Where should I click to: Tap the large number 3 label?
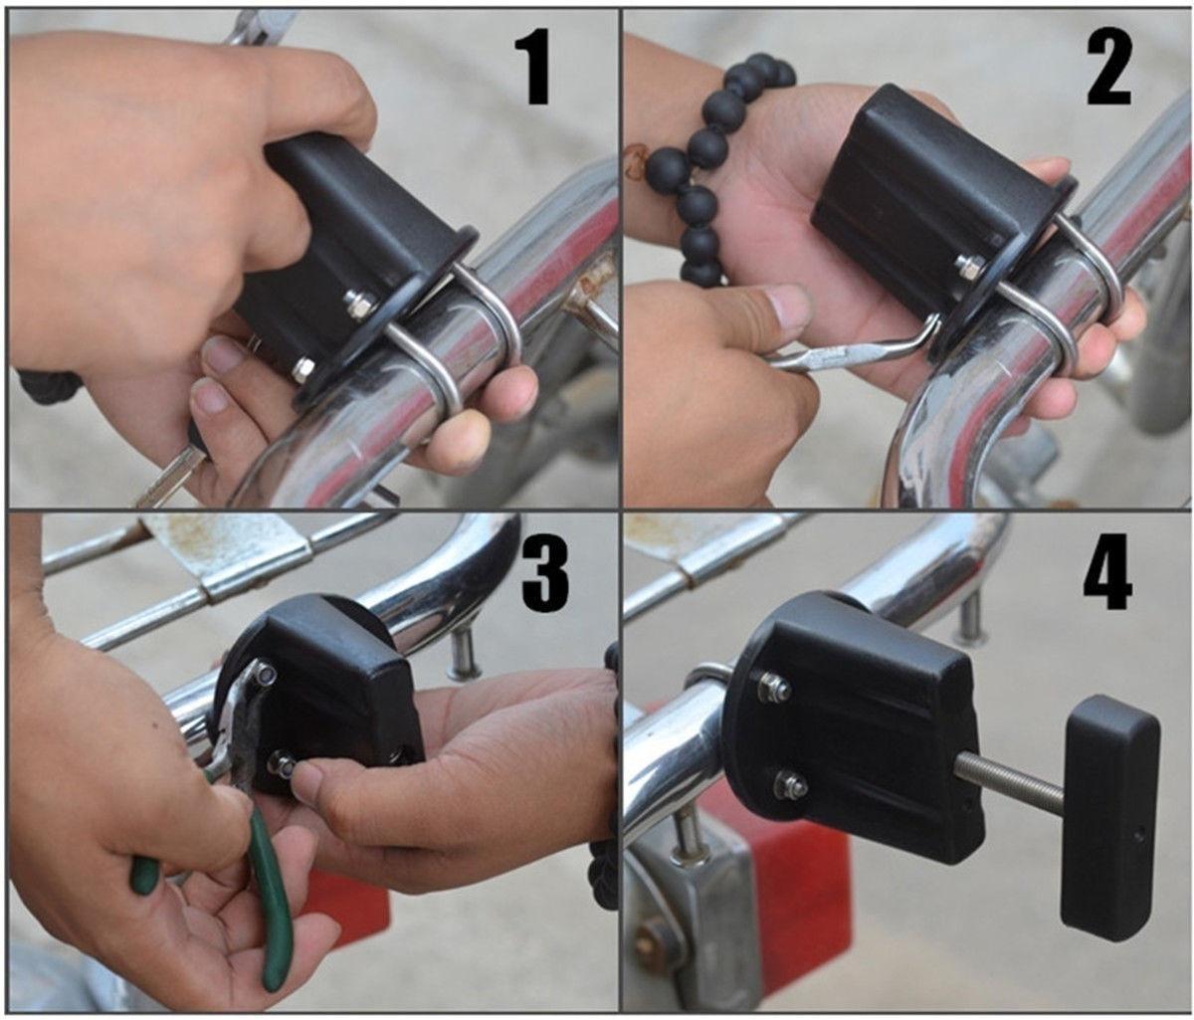click(544, 573)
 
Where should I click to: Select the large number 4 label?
click(1107, 572)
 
